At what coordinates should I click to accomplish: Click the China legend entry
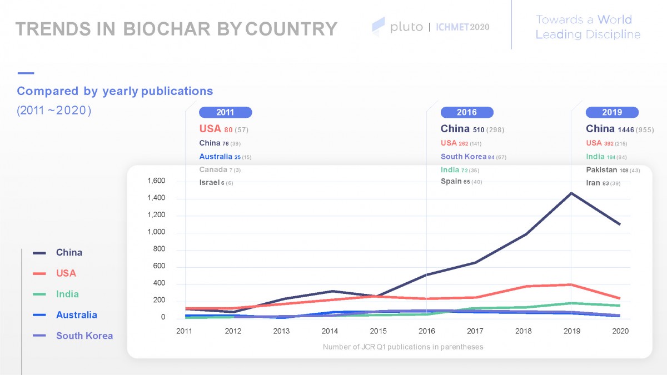pos(69,253)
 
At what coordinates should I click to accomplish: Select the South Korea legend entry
pos(84,336)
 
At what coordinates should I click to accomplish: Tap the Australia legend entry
pos(76,315)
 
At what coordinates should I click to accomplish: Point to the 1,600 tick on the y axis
pos(156,181)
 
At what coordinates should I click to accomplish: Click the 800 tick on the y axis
pos(159,249)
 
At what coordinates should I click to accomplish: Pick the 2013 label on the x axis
pos(281,331)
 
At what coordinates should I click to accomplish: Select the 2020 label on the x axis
pos(620,331)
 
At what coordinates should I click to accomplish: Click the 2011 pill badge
pos(225,112)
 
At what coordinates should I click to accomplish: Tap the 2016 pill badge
pos(467,112)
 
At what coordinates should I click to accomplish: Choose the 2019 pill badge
pos(612,112)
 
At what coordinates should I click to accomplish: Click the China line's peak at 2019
pos(572,193)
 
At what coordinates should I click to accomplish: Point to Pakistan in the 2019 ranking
pos(602,170)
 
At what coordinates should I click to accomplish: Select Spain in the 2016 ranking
pos(451,182)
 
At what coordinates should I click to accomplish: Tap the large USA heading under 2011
pos(210,129)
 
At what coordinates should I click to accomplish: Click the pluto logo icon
pos(379,26)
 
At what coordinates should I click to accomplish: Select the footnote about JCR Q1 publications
pos(403,347)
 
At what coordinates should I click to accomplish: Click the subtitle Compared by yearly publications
pos(115,91)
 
